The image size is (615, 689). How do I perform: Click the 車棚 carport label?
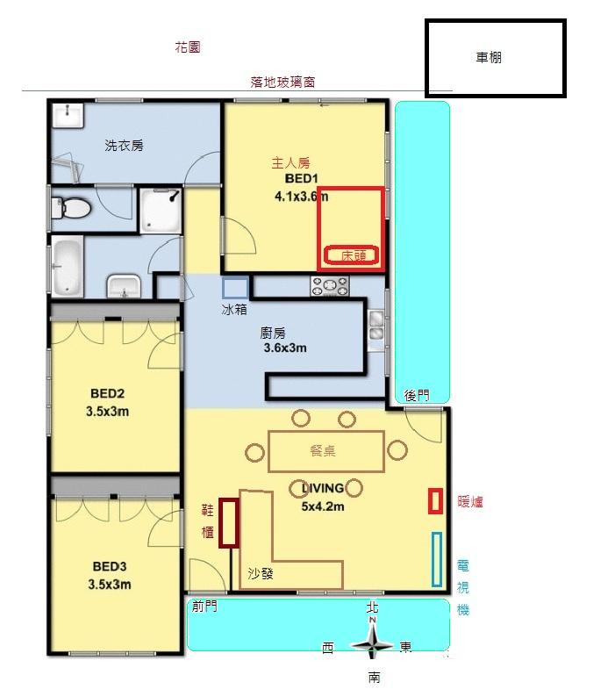489,58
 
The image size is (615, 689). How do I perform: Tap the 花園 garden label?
188,47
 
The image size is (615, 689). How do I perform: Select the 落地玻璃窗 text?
282,82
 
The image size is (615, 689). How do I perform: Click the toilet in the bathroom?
70,208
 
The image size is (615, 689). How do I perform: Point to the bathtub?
68,266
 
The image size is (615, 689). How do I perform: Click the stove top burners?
330,286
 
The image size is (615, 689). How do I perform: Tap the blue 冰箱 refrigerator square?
235,288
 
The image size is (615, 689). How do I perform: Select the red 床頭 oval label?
352,255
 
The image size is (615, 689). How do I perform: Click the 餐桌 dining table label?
323,451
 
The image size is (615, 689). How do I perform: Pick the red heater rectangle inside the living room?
435,501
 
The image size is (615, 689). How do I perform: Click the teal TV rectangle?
437,559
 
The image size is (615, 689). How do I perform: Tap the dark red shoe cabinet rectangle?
229,523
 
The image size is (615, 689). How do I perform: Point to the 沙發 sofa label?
261,573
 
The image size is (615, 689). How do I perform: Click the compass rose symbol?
373,644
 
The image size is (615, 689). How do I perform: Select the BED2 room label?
108,393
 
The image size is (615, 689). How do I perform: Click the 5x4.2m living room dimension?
323,506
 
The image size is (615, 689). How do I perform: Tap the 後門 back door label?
417,396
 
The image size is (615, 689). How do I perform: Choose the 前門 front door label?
204,606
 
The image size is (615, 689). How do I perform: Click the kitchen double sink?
376,325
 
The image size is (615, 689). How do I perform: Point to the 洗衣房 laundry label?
124,146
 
